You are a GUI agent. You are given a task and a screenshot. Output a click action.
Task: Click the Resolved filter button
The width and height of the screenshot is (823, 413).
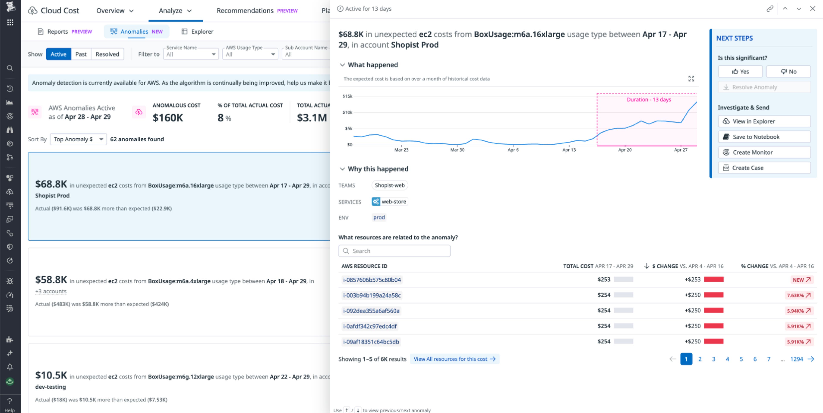pos(107,54)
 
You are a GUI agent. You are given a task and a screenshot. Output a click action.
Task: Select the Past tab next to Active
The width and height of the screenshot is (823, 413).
pos(81,54)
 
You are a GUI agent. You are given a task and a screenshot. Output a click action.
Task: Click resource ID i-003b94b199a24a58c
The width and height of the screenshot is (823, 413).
pos(372,295)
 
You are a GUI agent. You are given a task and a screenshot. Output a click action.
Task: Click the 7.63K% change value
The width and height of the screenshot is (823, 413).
pos(798,295)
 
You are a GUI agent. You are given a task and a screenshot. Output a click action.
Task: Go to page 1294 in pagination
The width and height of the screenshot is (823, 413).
pos(796,359)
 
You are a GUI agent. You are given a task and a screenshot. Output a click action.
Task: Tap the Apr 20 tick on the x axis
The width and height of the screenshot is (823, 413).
pos(625,150)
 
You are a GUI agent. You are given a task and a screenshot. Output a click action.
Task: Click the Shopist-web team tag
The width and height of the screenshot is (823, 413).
pos(389,185)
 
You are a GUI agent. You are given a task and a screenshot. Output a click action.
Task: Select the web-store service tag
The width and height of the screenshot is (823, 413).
pos(389,202)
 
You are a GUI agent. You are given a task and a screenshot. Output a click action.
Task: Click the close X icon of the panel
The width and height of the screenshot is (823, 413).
pos(812,9)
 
